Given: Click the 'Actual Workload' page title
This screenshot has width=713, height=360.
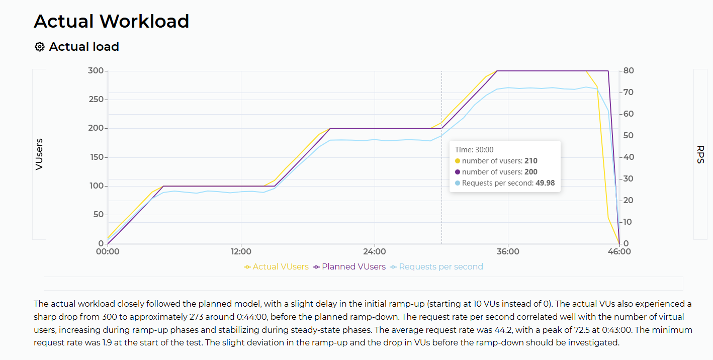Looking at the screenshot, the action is coord(112,21).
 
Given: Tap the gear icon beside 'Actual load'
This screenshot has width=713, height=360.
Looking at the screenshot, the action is coord(39,47).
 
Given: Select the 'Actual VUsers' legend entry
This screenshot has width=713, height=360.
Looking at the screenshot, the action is coord(276,267).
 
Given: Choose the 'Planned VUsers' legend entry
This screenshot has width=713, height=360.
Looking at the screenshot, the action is coord(349,267).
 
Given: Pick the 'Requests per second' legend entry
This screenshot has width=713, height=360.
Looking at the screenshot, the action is coord(436,267).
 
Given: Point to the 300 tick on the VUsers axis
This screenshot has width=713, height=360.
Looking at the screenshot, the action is coord(96,71).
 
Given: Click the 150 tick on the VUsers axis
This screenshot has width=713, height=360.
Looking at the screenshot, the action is coord(97,157).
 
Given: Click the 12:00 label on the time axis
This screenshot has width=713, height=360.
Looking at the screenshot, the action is coord(241,252).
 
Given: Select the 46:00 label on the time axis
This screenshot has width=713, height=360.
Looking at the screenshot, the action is coord(619,252).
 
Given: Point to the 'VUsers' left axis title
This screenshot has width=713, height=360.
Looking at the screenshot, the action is coord(39,154).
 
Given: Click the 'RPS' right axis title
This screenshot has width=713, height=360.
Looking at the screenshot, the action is coord(700,154).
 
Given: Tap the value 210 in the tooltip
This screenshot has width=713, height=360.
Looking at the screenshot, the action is coord(531,161).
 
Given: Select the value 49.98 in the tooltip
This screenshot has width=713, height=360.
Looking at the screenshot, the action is coord(545,183).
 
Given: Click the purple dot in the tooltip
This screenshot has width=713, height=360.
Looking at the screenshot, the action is coord(458,172).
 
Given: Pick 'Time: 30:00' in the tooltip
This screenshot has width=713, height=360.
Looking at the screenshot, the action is coord(474,150).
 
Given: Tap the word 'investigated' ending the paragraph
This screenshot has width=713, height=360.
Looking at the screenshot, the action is coord(593,343).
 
